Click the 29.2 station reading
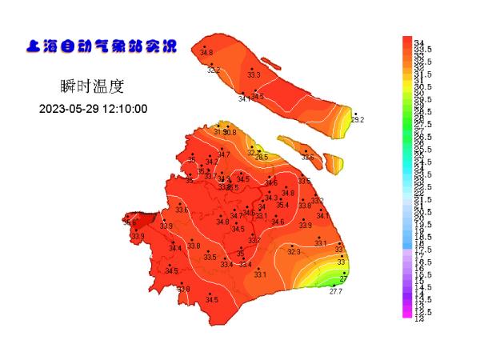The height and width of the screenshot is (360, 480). [x=357, y=120]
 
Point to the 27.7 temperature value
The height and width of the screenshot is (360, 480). [x=336, y=292]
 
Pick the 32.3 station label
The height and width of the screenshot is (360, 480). [x=294, y=252]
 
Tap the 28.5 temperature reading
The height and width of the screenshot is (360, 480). [x=262, y=158]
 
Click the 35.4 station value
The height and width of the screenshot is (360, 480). [x=282, y=205]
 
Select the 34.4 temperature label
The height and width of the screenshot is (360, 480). [x=175, y=249]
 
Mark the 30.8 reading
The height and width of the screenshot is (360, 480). [x=230, y=132]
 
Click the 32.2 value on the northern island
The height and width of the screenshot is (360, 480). [x=214, y=70]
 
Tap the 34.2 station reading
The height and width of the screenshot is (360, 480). [x=211, y=162]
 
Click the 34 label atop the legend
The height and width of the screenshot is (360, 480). [x=419, y=42]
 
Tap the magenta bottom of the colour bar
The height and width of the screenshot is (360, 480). [x=407, y=314]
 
